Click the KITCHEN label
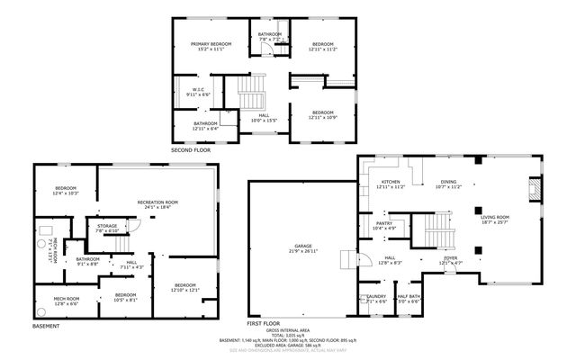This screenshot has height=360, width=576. pos(390,182)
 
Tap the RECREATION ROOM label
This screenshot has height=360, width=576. pos(157,202)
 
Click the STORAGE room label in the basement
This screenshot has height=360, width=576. pos(107,226)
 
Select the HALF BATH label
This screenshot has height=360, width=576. pos(409,296)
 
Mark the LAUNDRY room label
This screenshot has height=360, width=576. pos(375,296)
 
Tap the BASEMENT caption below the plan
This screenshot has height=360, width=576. pos(46,325)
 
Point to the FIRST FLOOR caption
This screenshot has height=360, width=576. pos(265,322)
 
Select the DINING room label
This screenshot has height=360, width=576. pos(448,182)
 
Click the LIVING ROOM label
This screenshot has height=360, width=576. pos(495,217)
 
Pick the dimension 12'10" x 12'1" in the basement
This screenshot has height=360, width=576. pos(184,289)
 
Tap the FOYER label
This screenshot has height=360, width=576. pos(450,257)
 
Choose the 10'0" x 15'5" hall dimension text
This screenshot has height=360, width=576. pos(264,120)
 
